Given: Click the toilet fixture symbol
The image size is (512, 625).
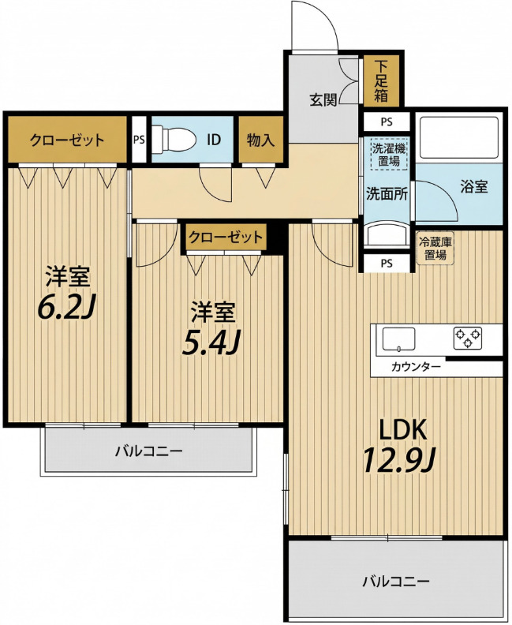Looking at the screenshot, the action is [174, 139].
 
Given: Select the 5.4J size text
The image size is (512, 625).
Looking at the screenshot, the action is [211, 343].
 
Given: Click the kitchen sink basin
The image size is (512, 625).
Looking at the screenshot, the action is [398, 339].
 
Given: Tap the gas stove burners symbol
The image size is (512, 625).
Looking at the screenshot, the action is [468, 337].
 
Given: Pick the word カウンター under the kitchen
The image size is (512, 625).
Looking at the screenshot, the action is [416, 366].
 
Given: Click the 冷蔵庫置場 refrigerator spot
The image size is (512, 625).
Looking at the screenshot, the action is [435, 248].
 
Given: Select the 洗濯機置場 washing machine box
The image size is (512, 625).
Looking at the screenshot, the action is [389, 155].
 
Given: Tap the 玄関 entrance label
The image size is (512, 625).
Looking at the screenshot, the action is [323, 99].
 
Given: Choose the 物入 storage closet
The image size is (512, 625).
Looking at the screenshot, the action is [260, 140].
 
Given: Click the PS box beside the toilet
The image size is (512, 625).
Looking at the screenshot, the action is [139, 140].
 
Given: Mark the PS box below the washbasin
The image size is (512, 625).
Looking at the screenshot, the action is [387, 263].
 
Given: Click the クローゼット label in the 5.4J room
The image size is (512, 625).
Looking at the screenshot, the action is [226, 238].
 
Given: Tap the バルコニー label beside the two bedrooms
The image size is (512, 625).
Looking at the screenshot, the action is [149, 451].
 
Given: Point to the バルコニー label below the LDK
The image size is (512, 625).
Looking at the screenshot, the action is [396, 581].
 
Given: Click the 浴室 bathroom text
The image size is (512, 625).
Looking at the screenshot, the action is [474, 186].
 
